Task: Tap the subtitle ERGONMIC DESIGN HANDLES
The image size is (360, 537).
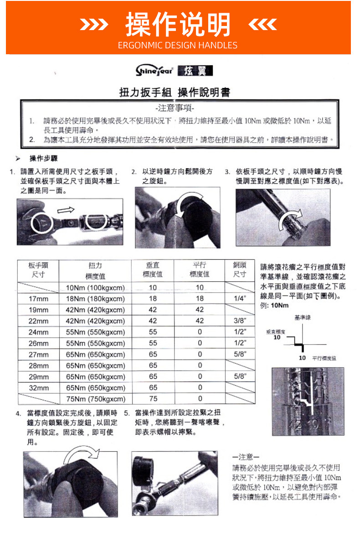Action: point(178,45)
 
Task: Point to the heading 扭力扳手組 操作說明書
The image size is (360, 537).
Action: point(175,93)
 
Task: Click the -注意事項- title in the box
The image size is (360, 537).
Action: point(175,109)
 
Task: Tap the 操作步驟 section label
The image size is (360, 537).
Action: point(43,158)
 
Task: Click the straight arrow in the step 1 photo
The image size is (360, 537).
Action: point(66,210)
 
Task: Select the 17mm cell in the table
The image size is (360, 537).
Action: point(38,299)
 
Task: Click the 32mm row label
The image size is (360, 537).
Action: point(38,387)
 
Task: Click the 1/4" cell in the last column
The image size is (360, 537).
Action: point(240,299)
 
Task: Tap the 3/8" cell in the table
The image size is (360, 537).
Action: point(240,321)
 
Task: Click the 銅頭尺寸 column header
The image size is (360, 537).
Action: point(240,270)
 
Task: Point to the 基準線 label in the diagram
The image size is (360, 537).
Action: point(303,317)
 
